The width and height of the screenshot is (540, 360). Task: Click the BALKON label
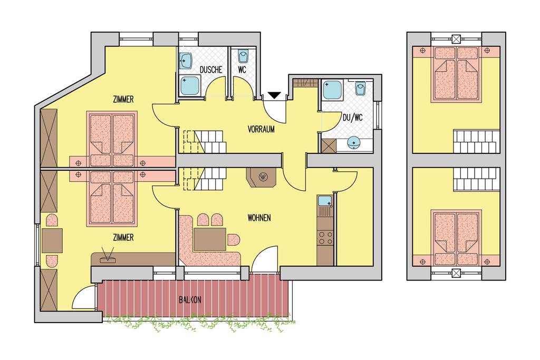pyautogui.click(x=190, y=300)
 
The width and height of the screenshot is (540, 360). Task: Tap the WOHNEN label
pyautogui.click(x=259, y=218)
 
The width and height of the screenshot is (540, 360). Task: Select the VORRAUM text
pyautogui.click(x=261, y=130)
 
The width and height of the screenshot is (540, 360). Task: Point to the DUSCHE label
pyautogui.click(x=211, y=70)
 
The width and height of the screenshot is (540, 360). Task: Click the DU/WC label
pyautogui.click(x=353, y=118)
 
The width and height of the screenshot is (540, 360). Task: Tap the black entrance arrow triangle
pyautogui.click(x=274, y=95)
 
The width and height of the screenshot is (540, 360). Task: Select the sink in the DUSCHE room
pyautogui.click(x=185, y=61)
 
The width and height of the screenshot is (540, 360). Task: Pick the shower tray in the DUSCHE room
pyautogui.click(x=189, y=86)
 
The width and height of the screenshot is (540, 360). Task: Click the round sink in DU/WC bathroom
pyautogui.click(x=354, y=142)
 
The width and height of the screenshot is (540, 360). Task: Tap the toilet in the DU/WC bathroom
pyautogui.click(x=360, y=89)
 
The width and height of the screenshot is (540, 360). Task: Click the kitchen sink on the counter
pyautogui.click(x=325, y=201)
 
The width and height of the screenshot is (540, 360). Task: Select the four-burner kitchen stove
pyautogui.click(x=325, y=238)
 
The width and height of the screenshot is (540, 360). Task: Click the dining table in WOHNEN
pyautogui.click(x=210, y=239)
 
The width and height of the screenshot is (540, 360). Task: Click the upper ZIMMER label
pyautogui.click(x=123, y=100)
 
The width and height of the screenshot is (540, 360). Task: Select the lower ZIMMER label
pyautogui.click(x=123, y=238)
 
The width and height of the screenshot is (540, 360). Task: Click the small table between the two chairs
pyautogui.click(x=52, y=240)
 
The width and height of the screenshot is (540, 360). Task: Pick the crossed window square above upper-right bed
pyautogui.click(x=456, y=39)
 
